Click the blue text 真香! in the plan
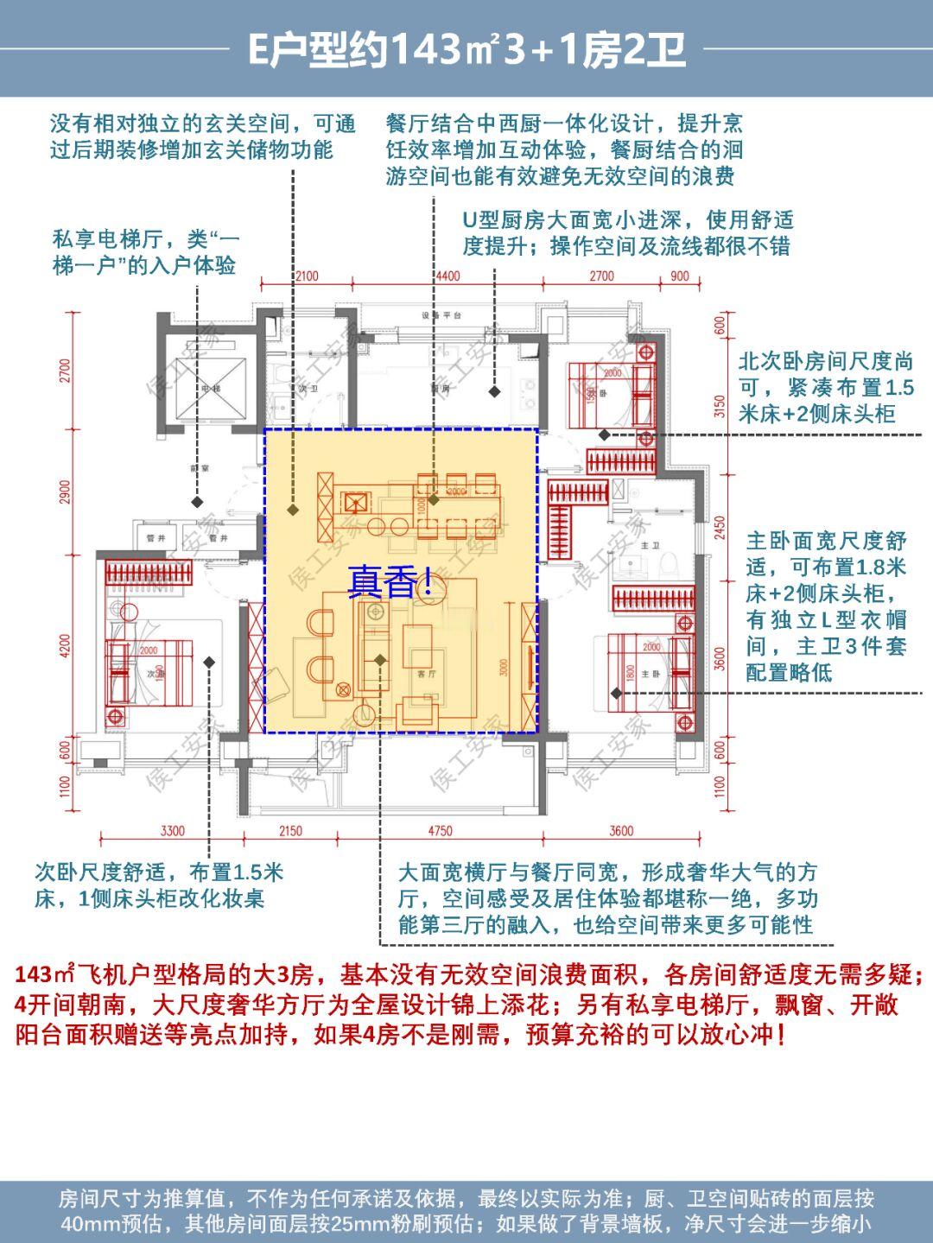click(390, 581)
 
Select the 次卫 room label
click(302, 390)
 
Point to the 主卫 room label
click(651, 546)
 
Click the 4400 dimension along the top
click(447, 276)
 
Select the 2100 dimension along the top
click(306, 276)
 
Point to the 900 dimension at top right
click(680, 276)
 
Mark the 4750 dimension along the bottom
click(439, 831)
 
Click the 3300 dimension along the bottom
click(172, 831)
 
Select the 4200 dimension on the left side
click(67, 644)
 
